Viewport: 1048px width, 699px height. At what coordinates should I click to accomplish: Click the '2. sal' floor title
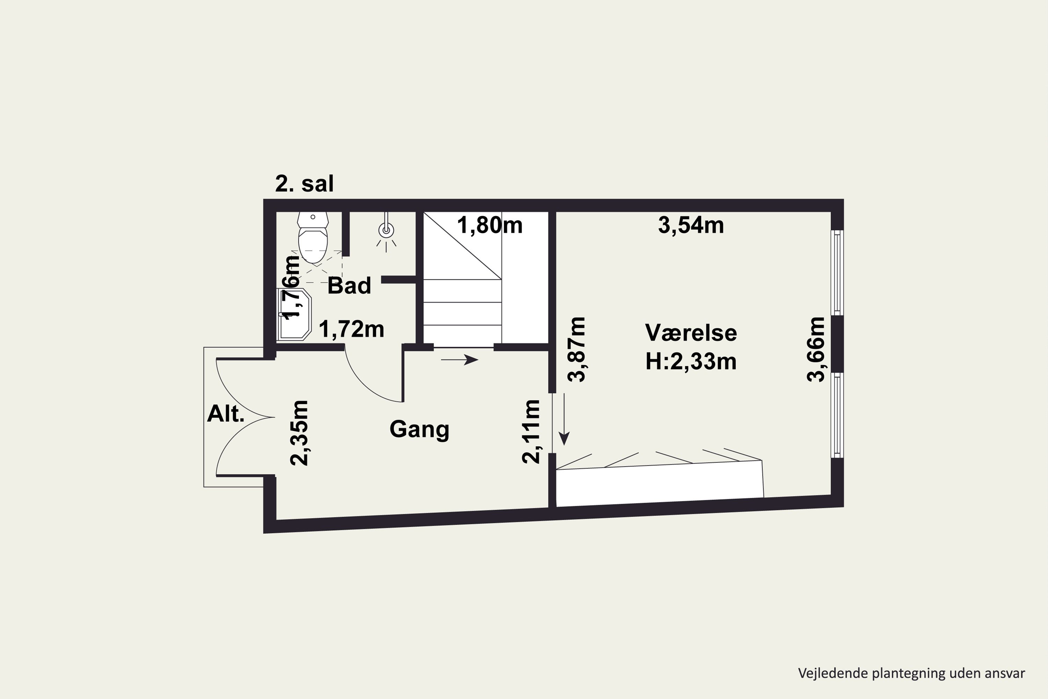[304, 184]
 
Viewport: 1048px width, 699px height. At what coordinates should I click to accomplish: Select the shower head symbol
[386, 231]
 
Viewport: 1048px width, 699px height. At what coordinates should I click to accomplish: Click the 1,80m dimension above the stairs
[489, 225]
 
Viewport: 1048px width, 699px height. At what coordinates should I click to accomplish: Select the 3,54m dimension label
[691, 225]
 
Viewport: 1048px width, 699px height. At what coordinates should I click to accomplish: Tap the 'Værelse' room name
[691, 333]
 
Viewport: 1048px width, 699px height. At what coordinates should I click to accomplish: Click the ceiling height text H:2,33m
[691, 361]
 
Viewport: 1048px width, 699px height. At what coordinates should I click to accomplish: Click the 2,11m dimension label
[531, 432]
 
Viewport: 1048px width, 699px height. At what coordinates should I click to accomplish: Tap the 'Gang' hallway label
[419, 429]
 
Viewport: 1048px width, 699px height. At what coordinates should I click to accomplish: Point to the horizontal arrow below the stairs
[459, 359]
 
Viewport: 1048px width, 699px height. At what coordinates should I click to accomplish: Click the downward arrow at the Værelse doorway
[564, 419]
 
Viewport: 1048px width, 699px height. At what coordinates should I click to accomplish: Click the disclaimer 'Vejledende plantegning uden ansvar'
[911, 673]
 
